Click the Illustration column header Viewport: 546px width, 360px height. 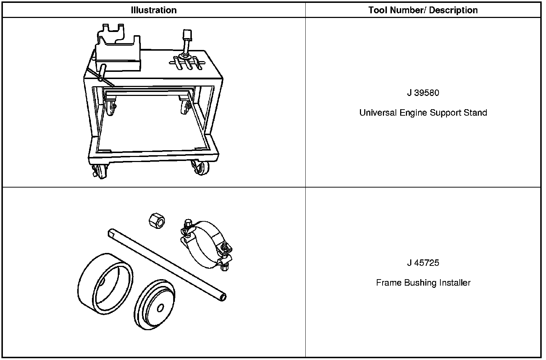(154, 10)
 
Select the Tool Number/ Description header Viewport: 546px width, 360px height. (423, 10)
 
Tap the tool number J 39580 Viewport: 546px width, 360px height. (423, 93)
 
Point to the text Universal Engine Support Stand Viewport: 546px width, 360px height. (423, 113)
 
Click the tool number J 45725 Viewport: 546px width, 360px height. (423, 263)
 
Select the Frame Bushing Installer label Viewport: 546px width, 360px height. (423, 283)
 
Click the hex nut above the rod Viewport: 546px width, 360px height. (157, 219)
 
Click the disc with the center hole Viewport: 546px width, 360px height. (154, 304)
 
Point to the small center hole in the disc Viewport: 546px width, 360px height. (160, 308)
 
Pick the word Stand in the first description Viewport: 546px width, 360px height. (475, 113)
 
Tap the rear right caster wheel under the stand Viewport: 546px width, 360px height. (185, 107)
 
